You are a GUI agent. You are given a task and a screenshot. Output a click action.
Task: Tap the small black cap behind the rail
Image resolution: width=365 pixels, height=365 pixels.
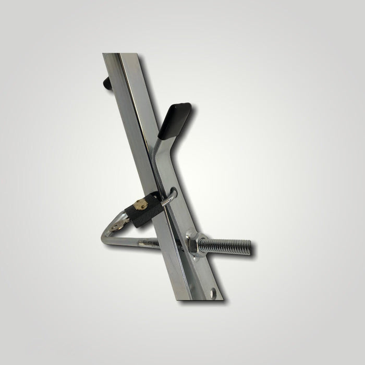pyautogui.click(x=105, y=82)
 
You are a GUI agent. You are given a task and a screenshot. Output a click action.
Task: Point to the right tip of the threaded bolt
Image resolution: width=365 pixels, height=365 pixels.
pyautogui.click(x=250, y=249)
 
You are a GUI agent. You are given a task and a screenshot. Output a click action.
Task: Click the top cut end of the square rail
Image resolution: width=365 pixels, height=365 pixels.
pyautogui.click(x=112, y=54)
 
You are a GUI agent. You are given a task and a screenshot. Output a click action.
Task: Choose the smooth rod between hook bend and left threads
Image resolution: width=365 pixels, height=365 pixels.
pyautogui.click(x=125, y=241)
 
